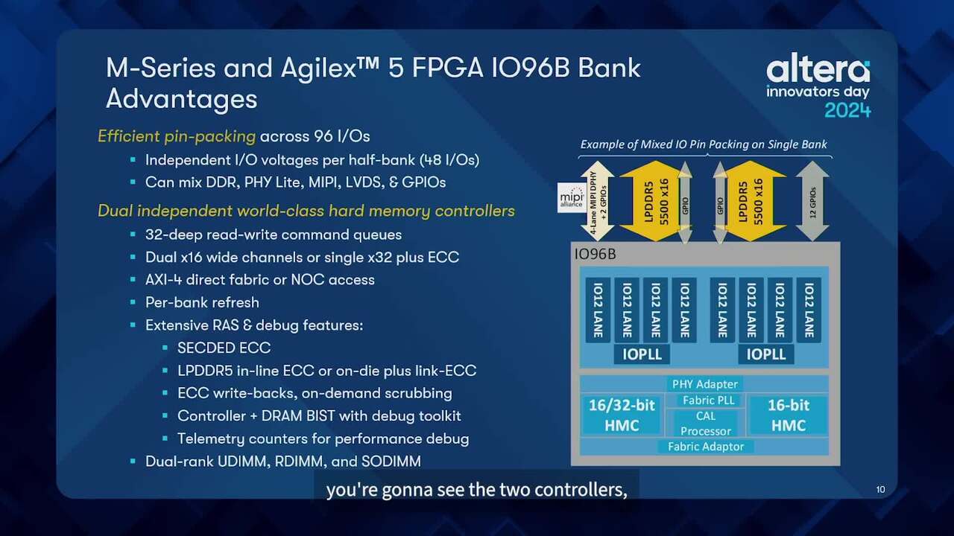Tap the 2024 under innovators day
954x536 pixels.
point(847,111)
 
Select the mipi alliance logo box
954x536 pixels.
point(571,198)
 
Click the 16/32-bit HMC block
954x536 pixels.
point(622,415)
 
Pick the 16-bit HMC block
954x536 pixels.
point(789,415)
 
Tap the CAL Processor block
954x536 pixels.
point(706,424)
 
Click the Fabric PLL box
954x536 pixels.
point(709,401)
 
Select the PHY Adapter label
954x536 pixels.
point(705,384)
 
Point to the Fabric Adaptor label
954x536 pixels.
point(706,447)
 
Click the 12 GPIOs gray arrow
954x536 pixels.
point(812,201)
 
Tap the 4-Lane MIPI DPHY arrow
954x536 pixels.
point(598,201)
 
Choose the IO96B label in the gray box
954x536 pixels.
point(595,255)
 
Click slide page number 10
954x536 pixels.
point(881,490)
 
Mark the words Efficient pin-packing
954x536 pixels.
point(177,136)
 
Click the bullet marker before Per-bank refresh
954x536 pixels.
point(133,302)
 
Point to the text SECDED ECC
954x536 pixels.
point(224,348)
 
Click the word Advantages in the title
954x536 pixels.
point(181,99)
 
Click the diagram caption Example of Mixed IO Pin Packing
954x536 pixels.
point(704,144)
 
